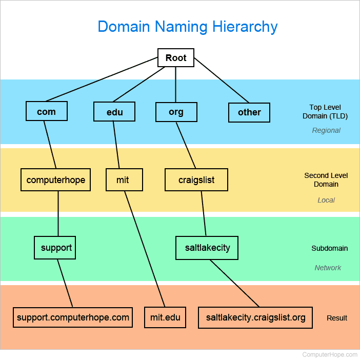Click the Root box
click(x=176, y=58)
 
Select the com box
click(x=46, y=111)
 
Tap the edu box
click(x=114, y=112)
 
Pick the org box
click(x=176, y=112)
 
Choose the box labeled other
click(x=249, y=112)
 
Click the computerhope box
click(x=55, y=180)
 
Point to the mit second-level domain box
click(x=123, y=180)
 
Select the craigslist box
click(x=196, y=180)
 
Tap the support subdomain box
click(x=55, y=248)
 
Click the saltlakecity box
click(x=207, y=248)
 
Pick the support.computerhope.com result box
click(x=73, y=317)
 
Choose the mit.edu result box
click(x=165, y=317)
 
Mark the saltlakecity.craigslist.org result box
click(x=255, y=317)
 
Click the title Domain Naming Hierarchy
click(x=188, y=27)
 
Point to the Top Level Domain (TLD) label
click(x=328, y=112)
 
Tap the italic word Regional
click(x=326, y=130)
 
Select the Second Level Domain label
click(x=326, y=179)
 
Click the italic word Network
click(x=328, y=268)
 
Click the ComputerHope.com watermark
click(x=330, y=354)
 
